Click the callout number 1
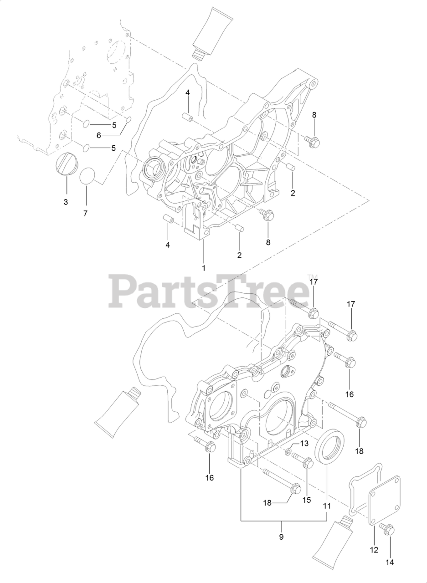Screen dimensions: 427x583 (204, 268)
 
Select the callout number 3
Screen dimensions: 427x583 (66, 202)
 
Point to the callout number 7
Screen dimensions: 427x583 (85, 213)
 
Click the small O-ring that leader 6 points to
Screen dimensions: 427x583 (129, 120)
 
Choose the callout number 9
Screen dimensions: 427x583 (281, 537)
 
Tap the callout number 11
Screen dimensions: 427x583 (327, 506)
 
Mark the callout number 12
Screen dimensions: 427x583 (374, 550)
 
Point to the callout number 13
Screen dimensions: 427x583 (304, 444)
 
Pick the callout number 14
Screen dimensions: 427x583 (389, 563)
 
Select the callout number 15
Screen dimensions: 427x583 (307, 500)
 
